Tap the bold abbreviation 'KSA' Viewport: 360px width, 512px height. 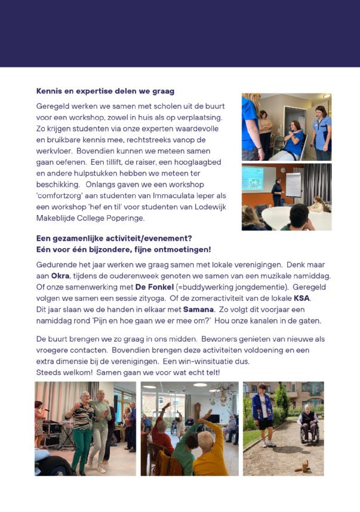point(303,298)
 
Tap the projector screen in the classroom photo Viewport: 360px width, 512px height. point(253,178)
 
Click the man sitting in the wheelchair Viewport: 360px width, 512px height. point(307,424)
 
